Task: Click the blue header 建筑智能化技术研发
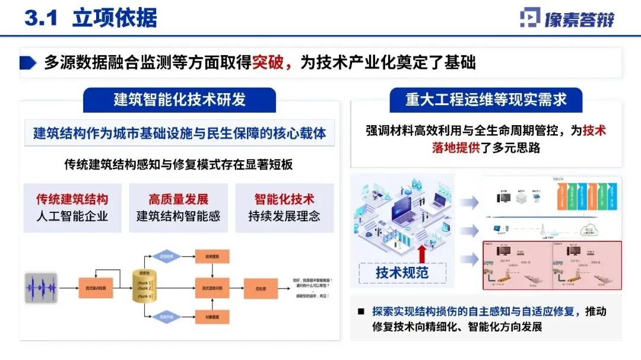(179, 100)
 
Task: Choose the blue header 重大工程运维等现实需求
(485, 100)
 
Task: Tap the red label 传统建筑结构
(72, 199)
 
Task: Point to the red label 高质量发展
(179, 199)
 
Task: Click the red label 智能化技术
(284, 199)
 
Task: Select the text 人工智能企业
(72, 216)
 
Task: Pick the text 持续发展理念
(284, 216)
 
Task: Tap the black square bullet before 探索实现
(360, 312)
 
